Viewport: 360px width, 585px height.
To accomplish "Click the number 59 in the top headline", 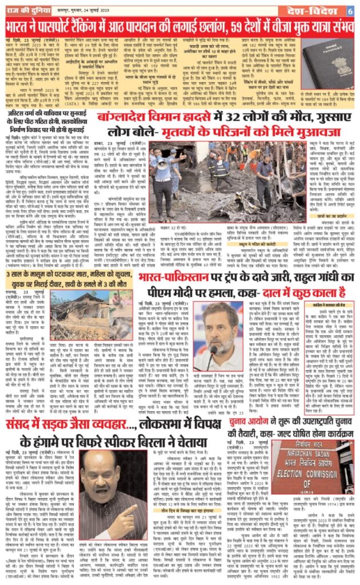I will point(242,26).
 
